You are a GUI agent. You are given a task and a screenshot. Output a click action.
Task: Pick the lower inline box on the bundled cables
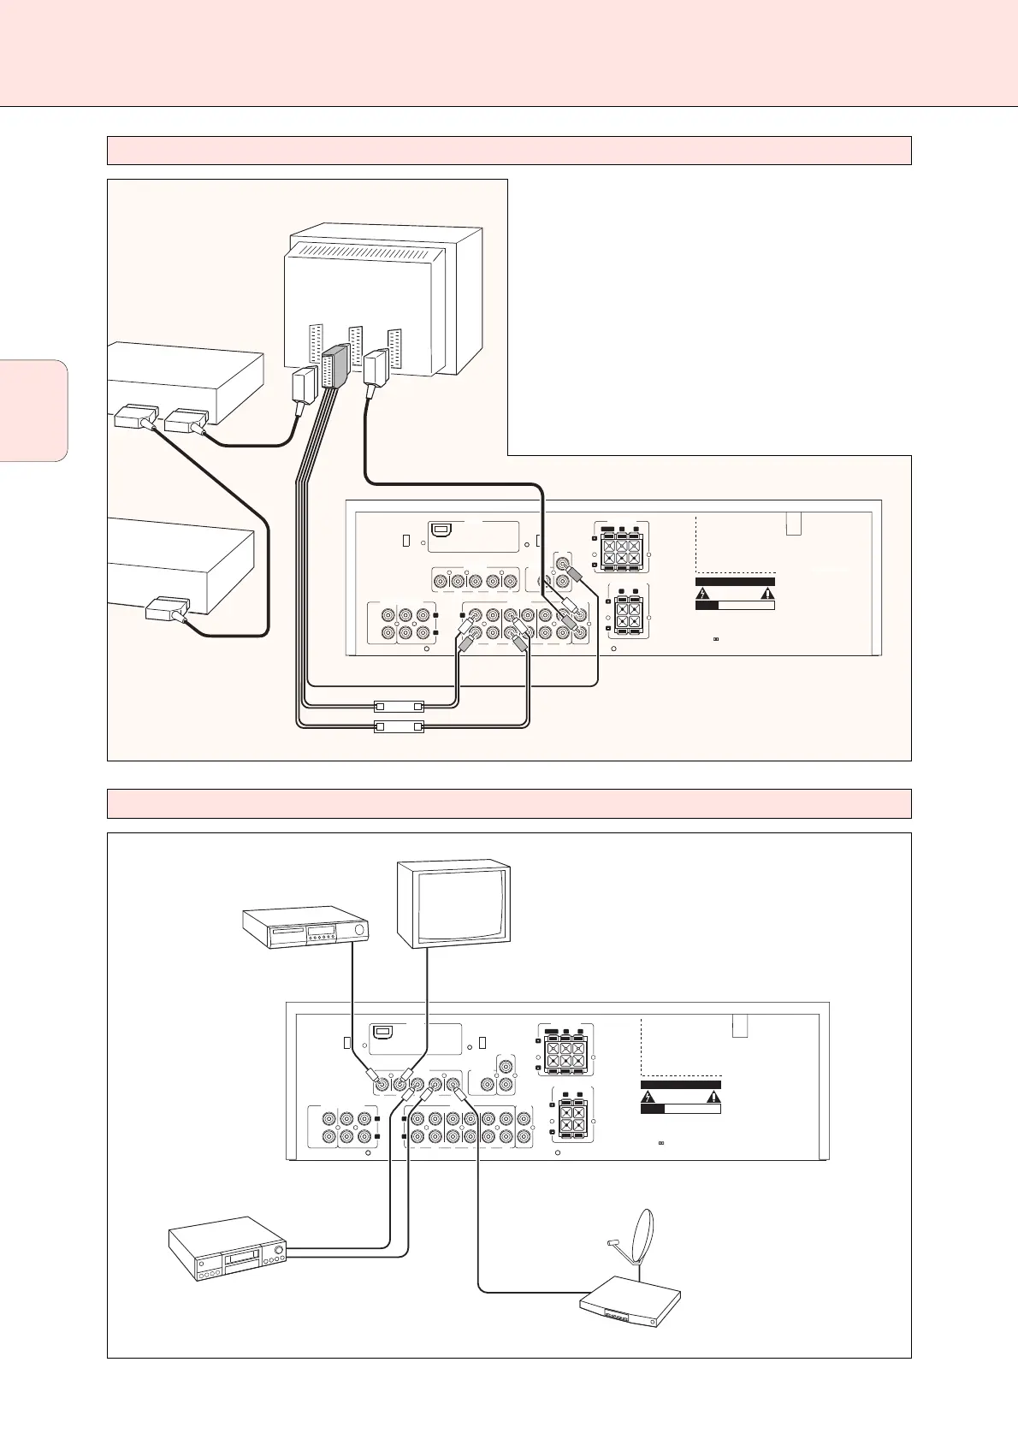point(400,727)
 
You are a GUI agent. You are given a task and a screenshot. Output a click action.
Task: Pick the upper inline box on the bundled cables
point(400,707)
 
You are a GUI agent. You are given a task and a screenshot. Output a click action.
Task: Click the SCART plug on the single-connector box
point(167,610)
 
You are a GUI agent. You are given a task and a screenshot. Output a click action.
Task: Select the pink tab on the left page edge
point(33,411)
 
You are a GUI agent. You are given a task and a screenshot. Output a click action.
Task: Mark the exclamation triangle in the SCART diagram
point(767,592)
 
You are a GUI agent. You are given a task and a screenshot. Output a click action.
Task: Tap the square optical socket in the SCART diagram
point(443,530)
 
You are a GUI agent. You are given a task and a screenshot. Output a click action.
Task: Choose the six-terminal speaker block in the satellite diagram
point(565,1050)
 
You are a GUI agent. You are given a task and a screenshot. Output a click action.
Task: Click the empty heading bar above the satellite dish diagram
point(509,803)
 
